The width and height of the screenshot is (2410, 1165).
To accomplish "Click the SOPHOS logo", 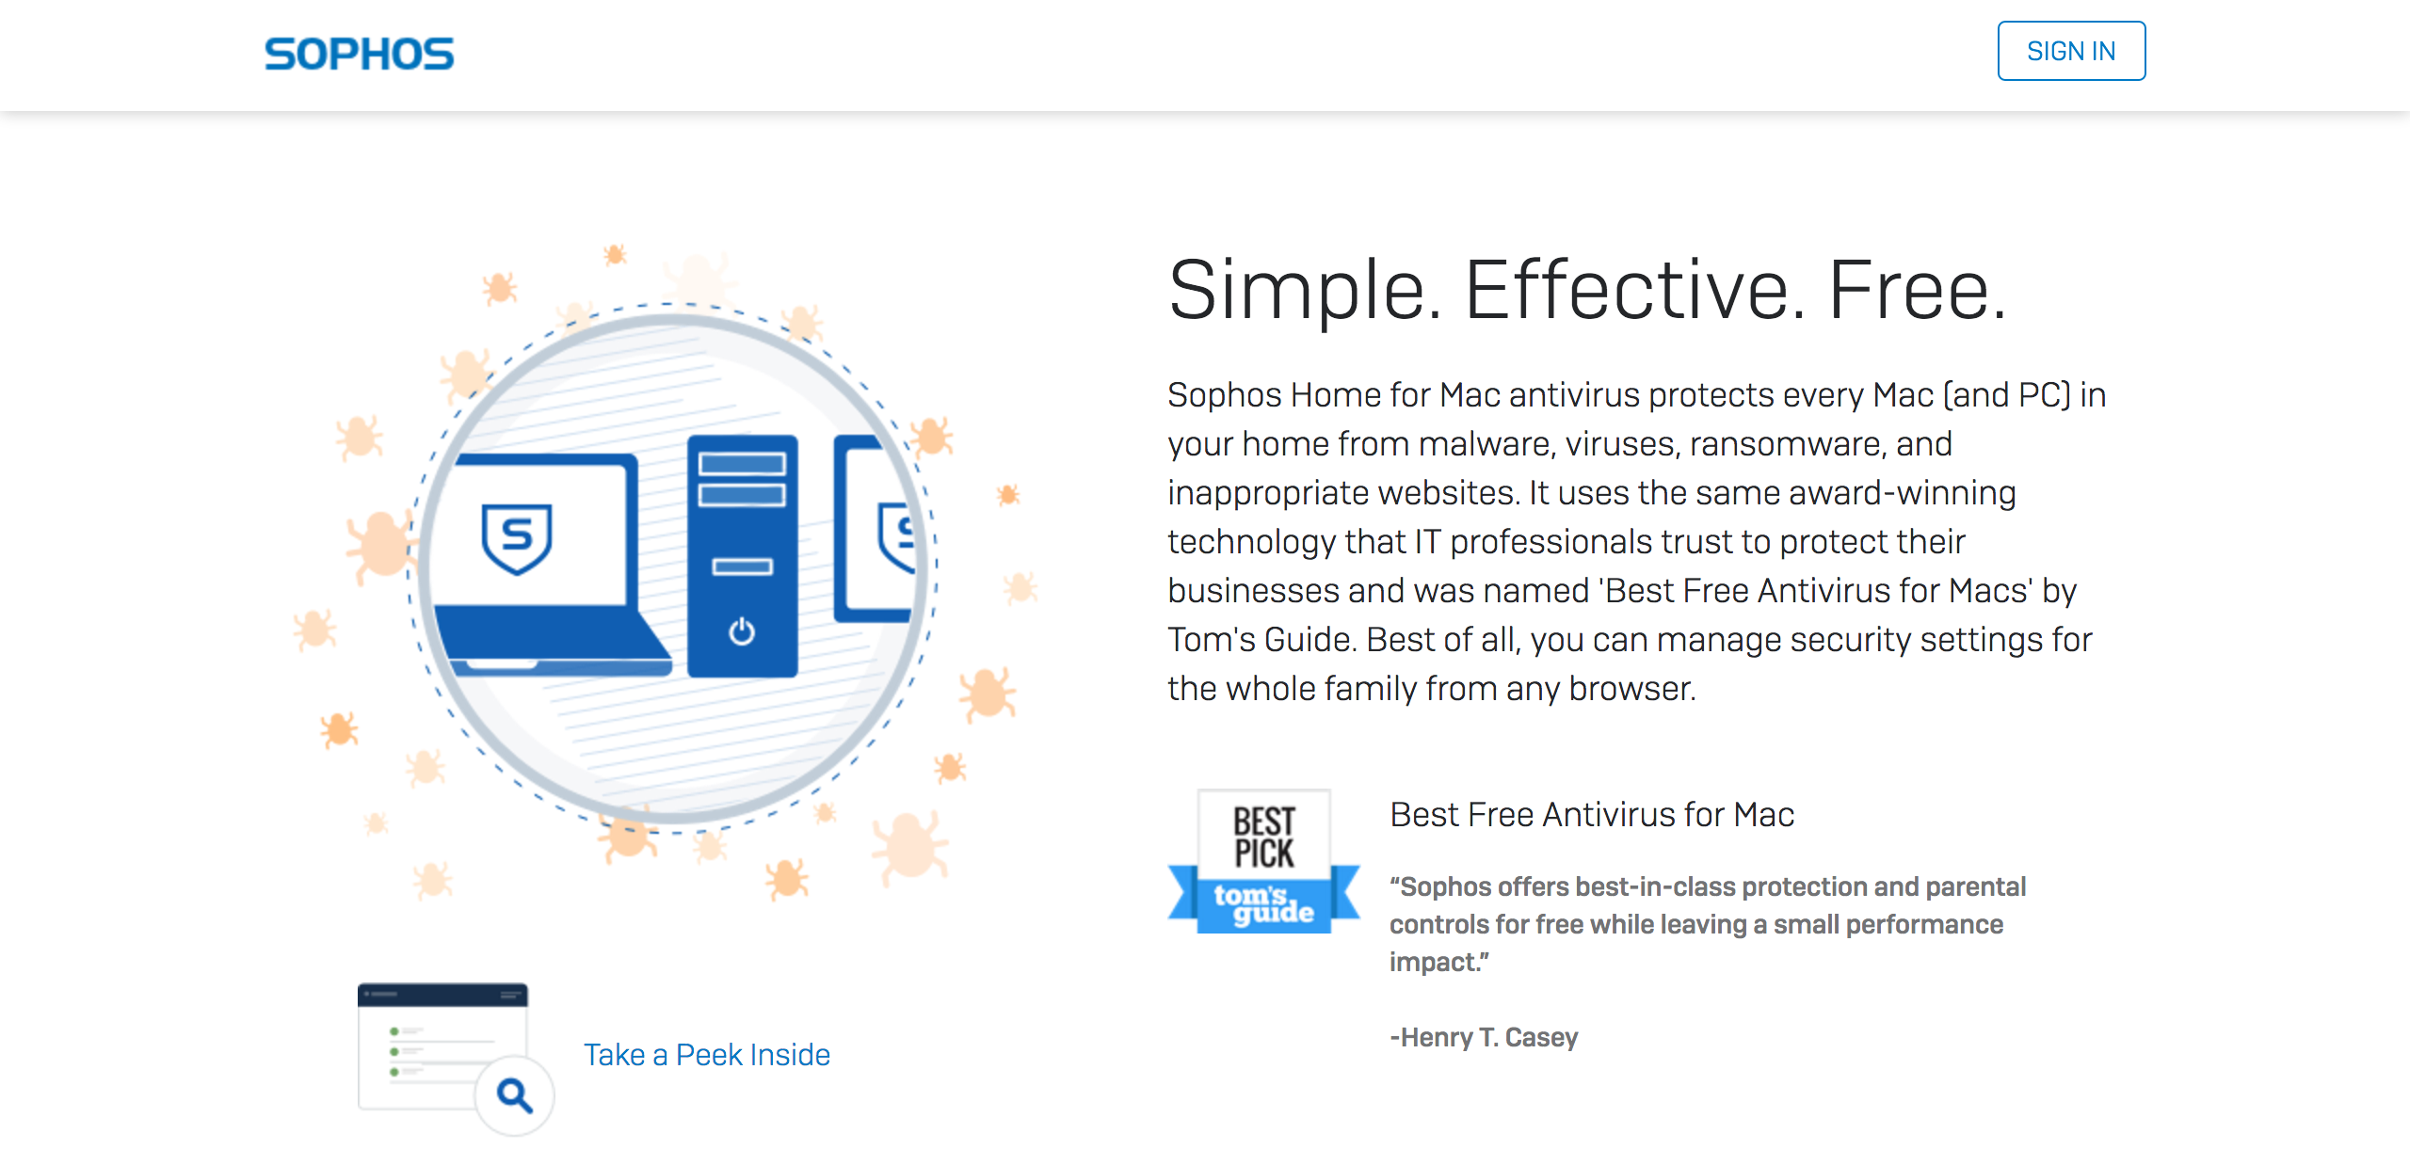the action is click(359, 54).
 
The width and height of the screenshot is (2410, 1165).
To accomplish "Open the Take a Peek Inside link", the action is click(707, 1054).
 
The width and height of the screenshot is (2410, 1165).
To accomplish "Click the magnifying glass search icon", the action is click(514, 1094).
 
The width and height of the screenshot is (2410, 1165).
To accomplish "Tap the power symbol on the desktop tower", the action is click(742, 630).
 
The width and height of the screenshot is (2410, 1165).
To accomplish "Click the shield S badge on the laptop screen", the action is click(517, 537).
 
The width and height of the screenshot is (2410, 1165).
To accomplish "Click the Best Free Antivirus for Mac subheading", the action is click(1592, 814).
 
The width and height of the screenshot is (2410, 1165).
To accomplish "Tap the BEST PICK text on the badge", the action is click(1264, 837).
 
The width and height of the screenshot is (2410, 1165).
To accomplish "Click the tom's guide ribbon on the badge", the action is click(1264, 902).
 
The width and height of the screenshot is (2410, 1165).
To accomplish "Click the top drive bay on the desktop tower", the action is click(742, 464).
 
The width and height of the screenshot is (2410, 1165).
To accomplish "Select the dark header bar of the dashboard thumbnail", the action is click(442, 995).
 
